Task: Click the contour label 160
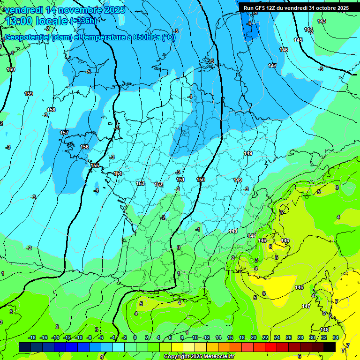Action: tap(11, 69)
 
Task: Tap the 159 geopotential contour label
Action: tap(29, 94)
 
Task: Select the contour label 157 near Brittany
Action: tap(64, 133)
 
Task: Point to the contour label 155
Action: tap(95, 165)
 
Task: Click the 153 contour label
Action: tap(140, 183)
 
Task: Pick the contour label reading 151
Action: tap(180, 180)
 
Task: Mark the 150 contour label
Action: tap(201, 180)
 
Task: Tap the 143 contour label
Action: tap(322, 21)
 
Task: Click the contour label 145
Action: tap(298, 40)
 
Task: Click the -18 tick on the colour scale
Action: tap(32, 337)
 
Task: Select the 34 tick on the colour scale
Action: tap(336, 337)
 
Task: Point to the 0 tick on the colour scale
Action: tap(135, 337)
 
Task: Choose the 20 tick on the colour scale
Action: tap(253, 337)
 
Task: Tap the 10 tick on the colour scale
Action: tap(195, 337)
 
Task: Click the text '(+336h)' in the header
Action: tap(82, 21)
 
